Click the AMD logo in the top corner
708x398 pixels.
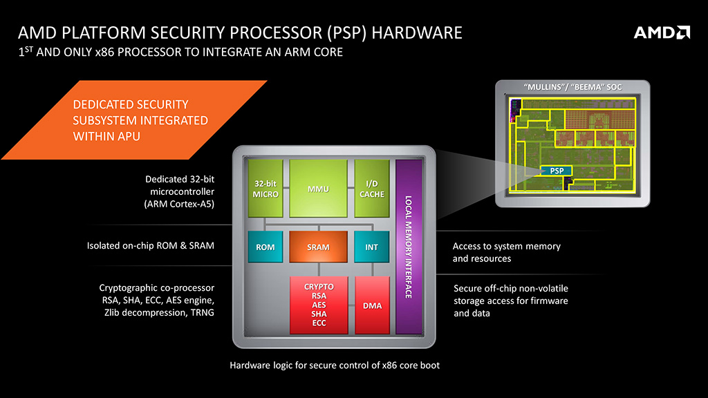pyautogui.click(x=662, y=32)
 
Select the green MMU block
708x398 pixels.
pyautogui.click(x=317, y=188)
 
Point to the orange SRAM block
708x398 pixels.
pyautogui.click(x=318, y=247)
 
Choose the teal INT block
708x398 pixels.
pyautogui.click(x=372, y=247)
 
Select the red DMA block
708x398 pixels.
pyautogui.click(x=372, y=305)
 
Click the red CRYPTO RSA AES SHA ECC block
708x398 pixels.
pyautogui.click(x=319, y=305)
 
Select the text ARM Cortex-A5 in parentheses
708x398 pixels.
pyautogui.click(x=180, y=204)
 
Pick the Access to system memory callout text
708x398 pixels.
pyautogui.click(x=506, y=252)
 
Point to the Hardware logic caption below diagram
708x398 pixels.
pyautogui.click(x=335, y=365)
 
